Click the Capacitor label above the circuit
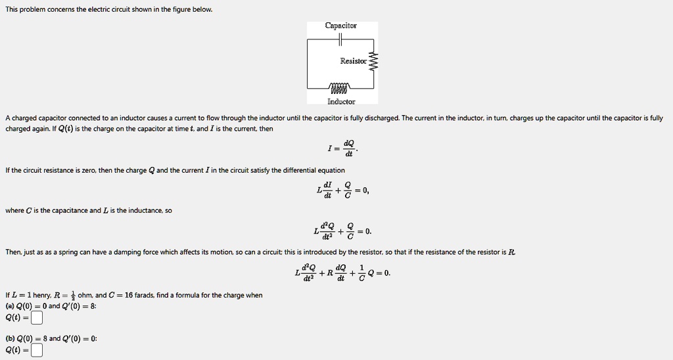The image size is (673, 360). click(x=340, y=26)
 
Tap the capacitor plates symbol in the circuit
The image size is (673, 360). click(x=340, y=40)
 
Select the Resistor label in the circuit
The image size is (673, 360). click(x=354, y=61)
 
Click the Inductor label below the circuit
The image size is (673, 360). click(x=341, y=102)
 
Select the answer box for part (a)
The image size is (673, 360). click(x=37, y=318)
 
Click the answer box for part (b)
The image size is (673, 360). click(x=37, y=350)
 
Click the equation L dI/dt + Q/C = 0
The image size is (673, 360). click(x=342, y=191)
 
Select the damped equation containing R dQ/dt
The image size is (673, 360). click(x=342, y=273)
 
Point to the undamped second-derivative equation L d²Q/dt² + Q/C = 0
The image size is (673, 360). click(x=342, y=231)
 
